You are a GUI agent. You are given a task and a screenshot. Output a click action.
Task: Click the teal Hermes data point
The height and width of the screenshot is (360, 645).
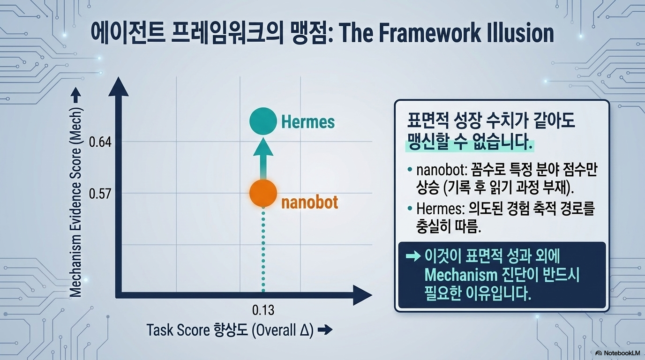pos(263,121)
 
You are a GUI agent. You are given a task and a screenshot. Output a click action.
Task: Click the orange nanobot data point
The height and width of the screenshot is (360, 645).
pos(263,193)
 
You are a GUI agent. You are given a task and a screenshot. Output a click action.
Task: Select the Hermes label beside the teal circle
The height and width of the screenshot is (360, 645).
pos(308,121)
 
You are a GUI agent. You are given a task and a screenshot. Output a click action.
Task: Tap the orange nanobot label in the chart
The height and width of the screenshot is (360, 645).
pos(309,202)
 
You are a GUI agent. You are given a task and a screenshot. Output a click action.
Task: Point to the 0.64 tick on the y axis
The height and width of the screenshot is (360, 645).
pos(100,142)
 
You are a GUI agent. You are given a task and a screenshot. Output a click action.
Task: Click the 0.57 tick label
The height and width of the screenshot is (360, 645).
pos(100,194)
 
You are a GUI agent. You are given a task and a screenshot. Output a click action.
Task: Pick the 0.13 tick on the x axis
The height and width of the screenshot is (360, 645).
pos(263,310)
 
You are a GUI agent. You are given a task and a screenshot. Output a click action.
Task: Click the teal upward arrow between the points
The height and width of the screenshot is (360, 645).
pos(263,159)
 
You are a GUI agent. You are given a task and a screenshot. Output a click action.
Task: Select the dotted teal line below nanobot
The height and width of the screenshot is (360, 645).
pos(263,249)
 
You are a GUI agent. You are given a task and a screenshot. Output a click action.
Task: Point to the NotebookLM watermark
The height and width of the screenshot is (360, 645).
pos(617,353)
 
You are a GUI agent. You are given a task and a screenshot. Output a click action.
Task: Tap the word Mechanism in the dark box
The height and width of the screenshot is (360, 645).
pos(461,275)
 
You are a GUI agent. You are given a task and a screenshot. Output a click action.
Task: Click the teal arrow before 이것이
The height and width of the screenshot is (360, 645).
pos(413,256)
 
